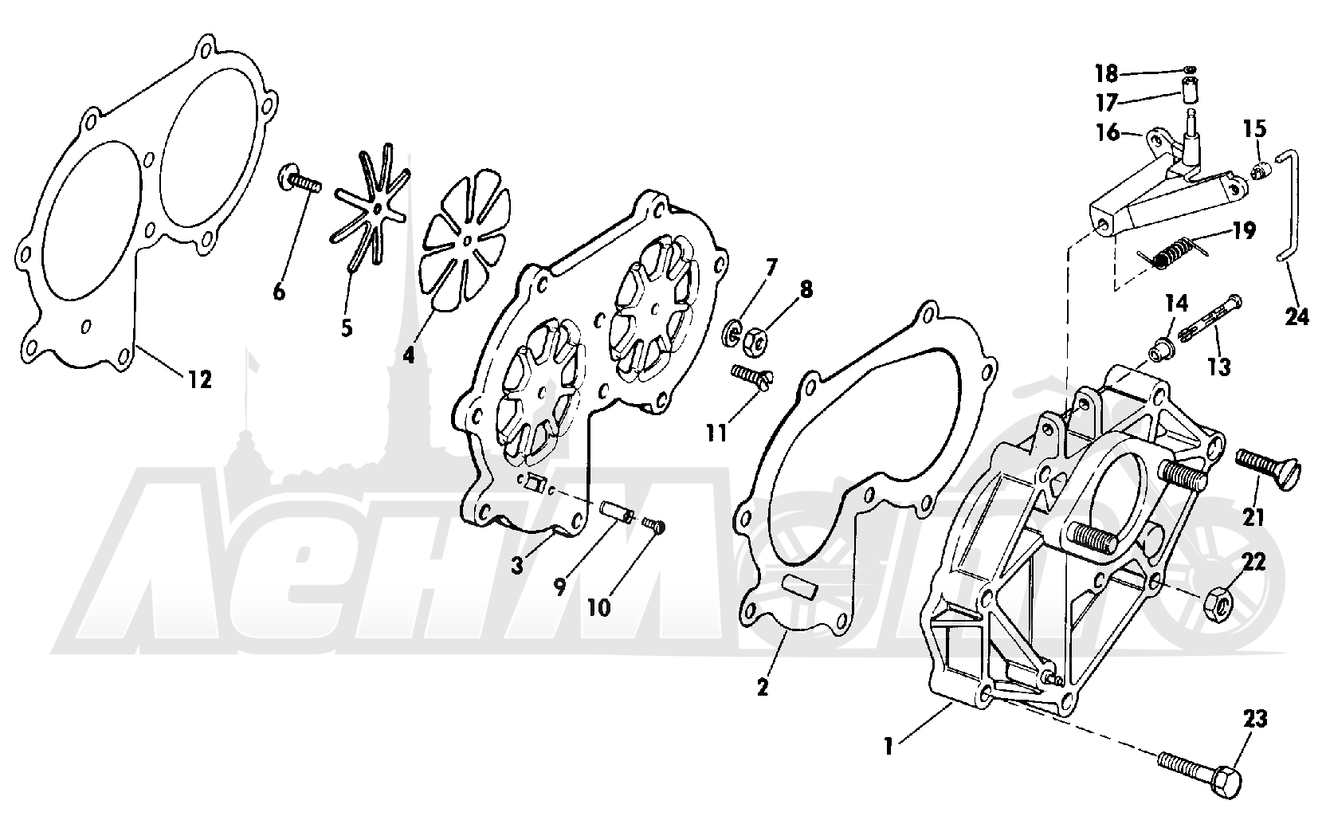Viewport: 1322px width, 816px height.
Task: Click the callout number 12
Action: [x=199, y=380]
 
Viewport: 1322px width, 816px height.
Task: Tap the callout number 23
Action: [x=1255, y=720]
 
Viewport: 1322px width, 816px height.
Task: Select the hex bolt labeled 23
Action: [x=1200, y=771]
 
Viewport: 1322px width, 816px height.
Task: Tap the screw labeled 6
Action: [x=299, y=180]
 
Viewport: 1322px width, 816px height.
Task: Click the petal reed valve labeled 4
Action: [x=467, y=240]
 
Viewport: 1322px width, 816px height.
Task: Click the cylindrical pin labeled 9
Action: [x=617, y=512]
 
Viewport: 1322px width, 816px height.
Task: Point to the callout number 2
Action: [x=763, y=687]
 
